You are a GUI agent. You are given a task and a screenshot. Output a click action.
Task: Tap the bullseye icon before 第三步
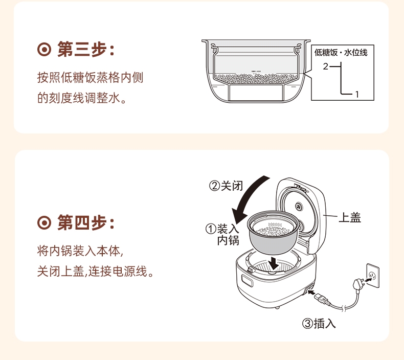(45, 51)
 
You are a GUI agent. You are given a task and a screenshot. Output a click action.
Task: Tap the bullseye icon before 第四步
(45, 223)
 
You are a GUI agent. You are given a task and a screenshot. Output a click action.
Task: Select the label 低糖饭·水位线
(341, 53)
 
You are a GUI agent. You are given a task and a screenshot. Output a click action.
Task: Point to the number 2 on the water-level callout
(325, 66)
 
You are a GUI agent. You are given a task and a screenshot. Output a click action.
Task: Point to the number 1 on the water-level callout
(356, 94)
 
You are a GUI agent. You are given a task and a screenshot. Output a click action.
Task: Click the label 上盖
(350, 218)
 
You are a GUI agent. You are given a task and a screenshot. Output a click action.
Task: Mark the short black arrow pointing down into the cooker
(276, 263)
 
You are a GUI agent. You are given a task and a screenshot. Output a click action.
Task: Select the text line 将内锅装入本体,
(80, 251)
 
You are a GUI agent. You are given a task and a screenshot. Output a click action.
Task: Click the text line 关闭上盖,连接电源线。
(96, 271)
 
